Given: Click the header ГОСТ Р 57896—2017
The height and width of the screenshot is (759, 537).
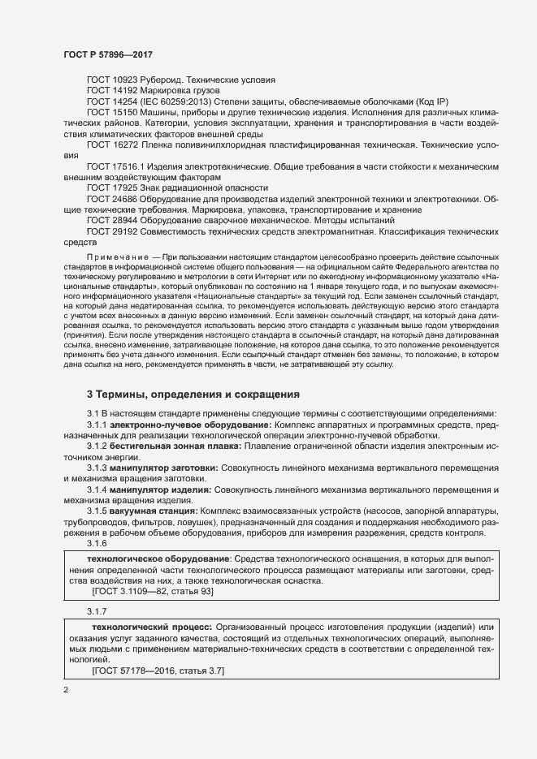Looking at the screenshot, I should (x=107, y=54).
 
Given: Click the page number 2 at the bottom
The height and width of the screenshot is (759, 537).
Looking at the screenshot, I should (x=66, y=691).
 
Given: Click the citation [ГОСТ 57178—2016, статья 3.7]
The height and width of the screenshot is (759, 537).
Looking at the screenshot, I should (x=158, y=672).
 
